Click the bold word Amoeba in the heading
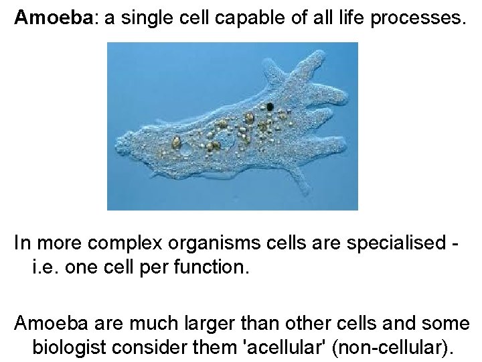[55, 18]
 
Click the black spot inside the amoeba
[270, 107]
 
